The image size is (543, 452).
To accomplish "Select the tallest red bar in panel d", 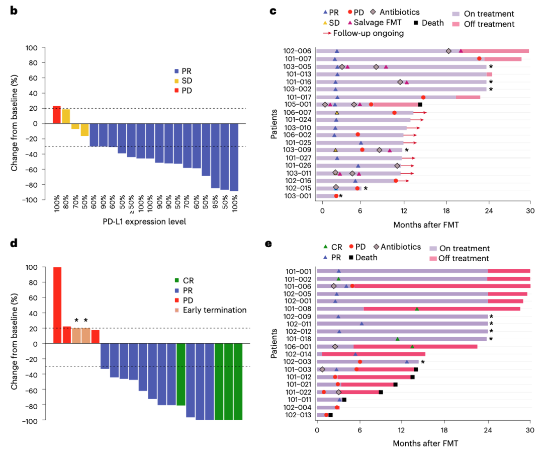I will click(x=57, y=305).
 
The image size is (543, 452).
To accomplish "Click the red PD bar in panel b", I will click(x=57, y=115).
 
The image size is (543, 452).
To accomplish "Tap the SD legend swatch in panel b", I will click(x=176, y=81).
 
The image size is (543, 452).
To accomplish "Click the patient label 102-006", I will click(x=297, y=51).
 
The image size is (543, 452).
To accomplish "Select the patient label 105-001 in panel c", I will click(x=297, y=104).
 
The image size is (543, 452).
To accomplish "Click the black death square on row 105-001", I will click(x=420, y=104).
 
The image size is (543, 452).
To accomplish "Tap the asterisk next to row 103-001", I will click(x=341, y=196).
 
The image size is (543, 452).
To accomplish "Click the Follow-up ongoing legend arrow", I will click(x=327, y=33).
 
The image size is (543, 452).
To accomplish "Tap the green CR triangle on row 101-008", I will click(x=417, y=309).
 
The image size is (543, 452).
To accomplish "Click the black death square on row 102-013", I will click(x=330, y=415).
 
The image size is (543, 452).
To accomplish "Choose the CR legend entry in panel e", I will click(x=334, y=247).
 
